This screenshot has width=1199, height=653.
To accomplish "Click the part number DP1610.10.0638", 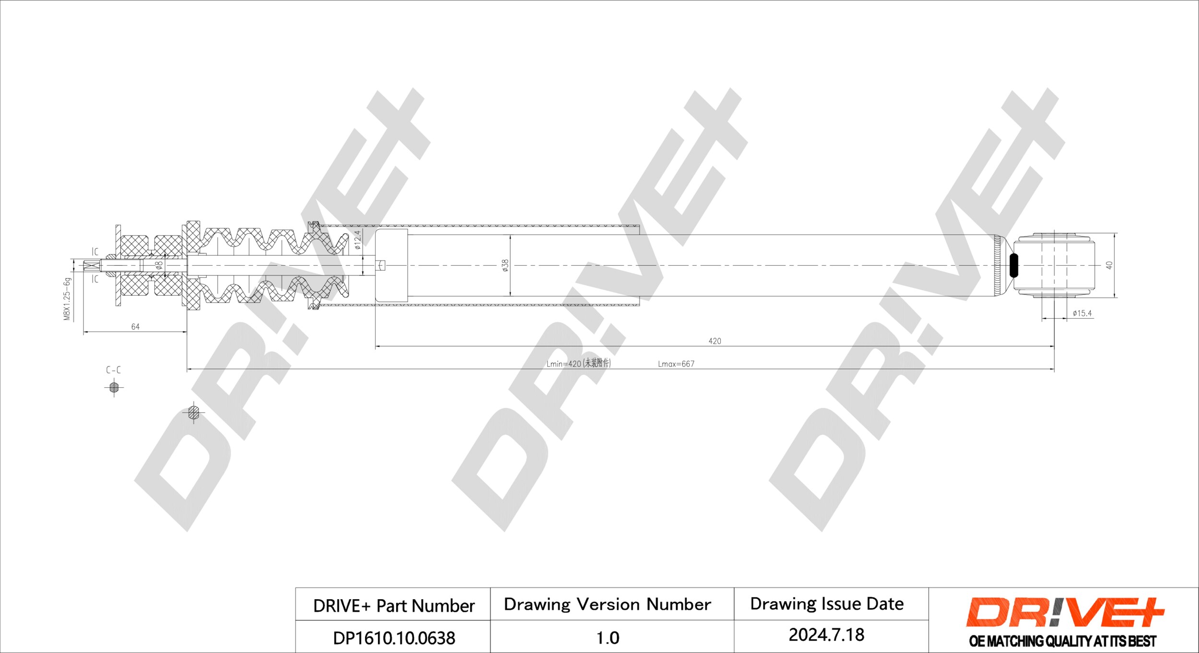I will [x=394, y=638].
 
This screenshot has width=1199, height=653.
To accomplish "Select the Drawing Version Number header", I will [x=607, y=604].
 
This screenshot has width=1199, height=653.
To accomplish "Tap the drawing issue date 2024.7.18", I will [x=826, y=635].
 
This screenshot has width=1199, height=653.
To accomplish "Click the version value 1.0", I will [x=607, y=638].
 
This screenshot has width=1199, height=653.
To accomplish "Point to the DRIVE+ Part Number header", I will [x=394, y=606].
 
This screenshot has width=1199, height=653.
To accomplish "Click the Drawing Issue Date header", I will [x=826, y=604].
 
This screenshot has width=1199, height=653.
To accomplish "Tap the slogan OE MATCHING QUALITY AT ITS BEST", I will [x=1062, y=641].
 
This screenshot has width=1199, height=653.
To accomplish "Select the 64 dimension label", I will [x=135, y=327].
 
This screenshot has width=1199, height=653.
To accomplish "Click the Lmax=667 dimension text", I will [x=676, y=364].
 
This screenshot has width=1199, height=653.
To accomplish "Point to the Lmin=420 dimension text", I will [x=578, y=364].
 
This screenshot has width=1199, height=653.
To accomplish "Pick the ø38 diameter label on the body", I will [x=505, y=265].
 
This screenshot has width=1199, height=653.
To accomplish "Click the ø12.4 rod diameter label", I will [x=357, y=240].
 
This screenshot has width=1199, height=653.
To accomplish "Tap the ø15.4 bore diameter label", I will [x=1082, y=313].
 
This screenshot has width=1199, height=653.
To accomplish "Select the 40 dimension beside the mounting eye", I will [x=1109, y=265].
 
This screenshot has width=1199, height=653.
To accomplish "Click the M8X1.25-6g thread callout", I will [x=67, y=299].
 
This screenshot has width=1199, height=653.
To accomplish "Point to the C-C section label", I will [x=113, y=370].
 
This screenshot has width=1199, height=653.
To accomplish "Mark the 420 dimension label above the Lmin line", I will [x=715, y=341].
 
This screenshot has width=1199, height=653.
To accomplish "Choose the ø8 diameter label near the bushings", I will [x=159, y=264].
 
